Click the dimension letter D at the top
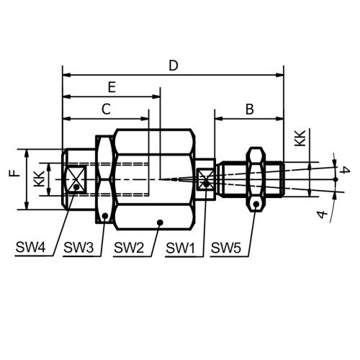[x=174, y=66]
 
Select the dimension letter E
[x=112, y=87]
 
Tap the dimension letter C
[x=106, y=109]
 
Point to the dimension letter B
[x=250, y=109]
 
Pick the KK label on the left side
[x=39, y=179]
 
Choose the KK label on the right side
[x=300, y=138]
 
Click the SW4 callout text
[x=30, y=247]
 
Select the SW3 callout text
[x=78, y=247]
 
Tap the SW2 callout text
[x=129, y=247]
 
